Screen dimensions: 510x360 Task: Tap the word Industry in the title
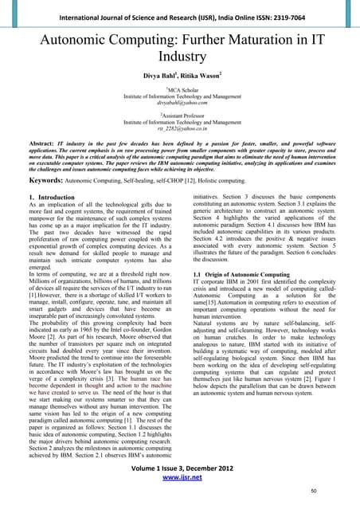[x=179, y=57]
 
